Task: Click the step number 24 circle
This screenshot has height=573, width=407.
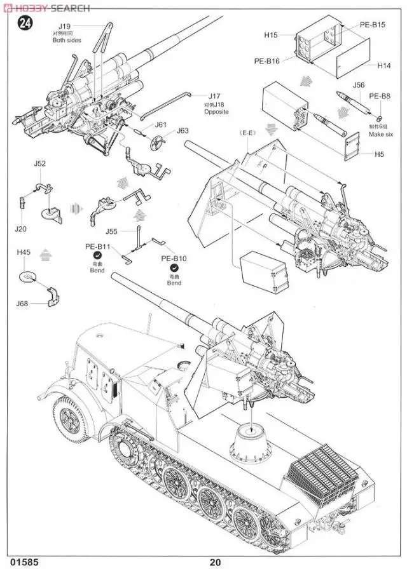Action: pyautogui.click(x=25, y=25)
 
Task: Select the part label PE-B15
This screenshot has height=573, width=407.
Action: pyautogui.click(x=373, y=25)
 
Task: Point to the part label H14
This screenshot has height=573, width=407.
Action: pyautogui.click(x=383, y=65)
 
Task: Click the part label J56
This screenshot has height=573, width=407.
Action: pyautogui.click(x=359, y=84)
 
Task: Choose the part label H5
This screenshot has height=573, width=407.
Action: pyautogui.click(x=379, y=154)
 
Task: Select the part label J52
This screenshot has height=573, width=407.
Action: pyautogui.click(x=40, y=163)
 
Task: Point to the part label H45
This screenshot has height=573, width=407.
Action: pyautogui.click(x=24, y=252)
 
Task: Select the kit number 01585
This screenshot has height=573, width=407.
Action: pyautogui.click(x=24, y=561)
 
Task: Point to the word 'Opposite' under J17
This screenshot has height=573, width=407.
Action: pyautogui.click(x=216, y=111)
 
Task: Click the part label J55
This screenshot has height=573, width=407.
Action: pyautogui.click(x=113, y=232)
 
